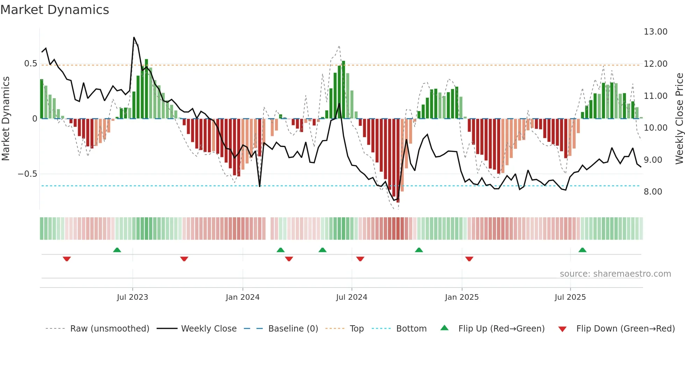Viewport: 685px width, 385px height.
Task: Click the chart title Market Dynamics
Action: point(55,10)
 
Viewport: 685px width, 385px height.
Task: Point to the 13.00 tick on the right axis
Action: point(655,32)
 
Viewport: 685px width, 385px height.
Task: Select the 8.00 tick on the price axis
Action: point(652,192)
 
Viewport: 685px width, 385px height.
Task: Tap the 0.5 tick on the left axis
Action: point(30,64)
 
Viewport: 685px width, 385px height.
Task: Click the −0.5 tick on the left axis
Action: point(27,174)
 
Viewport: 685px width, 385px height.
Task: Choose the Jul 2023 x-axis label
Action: point(132,297)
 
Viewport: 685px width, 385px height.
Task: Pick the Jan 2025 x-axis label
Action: point(462,297)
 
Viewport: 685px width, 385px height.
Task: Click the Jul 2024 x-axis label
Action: point(352,297)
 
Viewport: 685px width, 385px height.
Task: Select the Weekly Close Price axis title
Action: point(679,119)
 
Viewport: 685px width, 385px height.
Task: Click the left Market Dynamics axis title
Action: point(6,119)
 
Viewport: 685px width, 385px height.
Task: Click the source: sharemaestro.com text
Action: point(615,274)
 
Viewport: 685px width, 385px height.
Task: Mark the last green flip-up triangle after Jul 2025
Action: point(582,250)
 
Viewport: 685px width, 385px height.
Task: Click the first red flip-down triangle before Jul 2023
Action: point(67,259)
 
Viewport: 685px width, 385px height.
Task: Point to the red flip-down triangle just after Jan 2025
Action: point(469,259)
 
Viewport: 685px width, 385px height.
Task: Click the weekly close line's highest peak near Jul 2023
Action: point(134,37)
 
